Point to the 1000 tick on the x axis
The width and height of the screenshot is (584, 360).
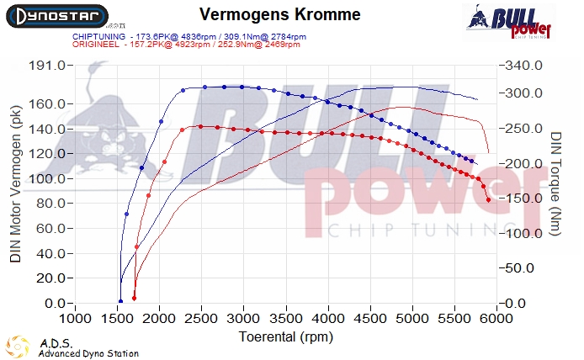pos(76,320)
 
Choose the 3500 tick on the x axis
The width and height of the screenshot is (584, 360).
pos(286,320)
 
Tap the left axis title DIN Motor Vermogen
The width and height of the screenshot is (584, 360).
pos(15,185)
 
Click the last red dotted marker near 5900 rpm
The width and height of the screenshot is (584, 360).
pos(489,200)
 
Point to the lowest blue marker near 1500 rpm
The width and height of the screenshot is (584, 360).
pos(120,301)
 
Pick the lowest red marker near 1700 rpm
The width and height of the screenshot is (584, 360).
pos(134,298)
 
